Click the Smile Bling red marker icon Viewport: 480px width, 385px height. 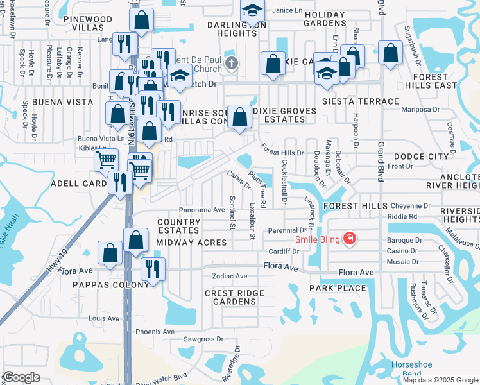click(x=349, y=240)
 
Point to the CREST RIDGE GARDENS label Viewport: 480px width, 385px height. click(x=234, y=296)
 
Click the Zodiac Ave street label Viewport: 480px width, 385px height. click(x=230, y=276)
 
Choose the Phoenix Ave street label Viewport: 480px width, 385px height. click(x=155, y=332)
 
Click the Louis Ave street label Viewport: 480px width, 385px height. click(x=104, y=318)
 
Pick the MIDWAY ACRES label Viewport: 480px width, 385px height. click(x=191, y=243)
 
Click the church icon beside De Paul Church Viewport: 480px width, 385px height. click(x=232, y=63)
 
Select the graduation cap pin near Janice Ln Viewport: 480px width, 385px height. click(x=253, y=11)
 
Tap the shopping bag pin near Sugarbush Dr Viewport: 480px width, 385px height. click(x=390, y=53)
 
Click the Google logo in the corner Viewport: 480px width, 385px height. click(x=21, y=377)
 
